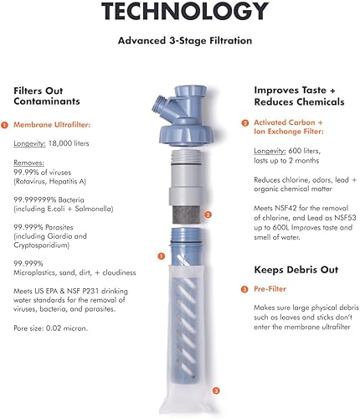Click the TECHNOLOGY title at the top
[180, 12]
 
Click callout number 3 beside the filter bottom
[216, 391]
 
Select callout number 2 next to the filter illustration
[208, 215]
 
